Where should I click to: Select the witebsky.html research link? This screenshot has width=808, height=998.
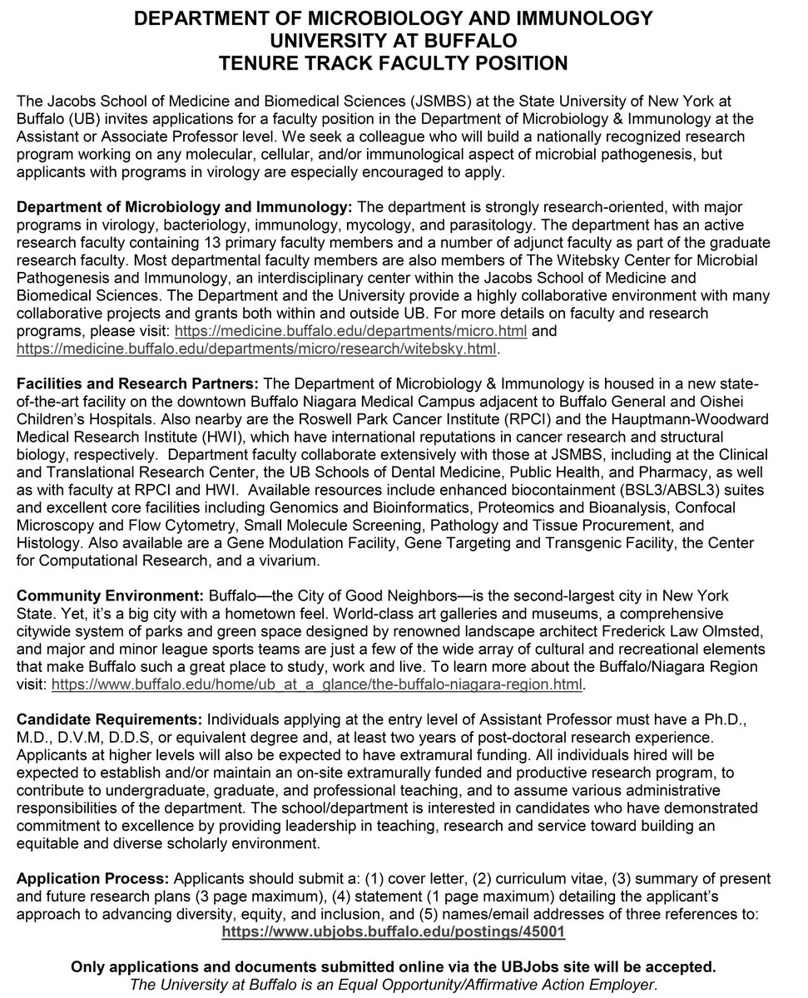[x=256, y=349]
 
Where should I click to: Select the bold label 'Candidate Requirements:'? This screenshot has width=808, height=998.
[x=108, y=718]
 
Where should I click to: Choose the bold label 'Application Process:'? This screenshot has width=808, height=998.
[x=92, y=878]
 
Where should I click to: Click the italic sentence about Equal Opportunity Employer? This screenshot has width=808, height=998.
[x=393, y=985]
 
